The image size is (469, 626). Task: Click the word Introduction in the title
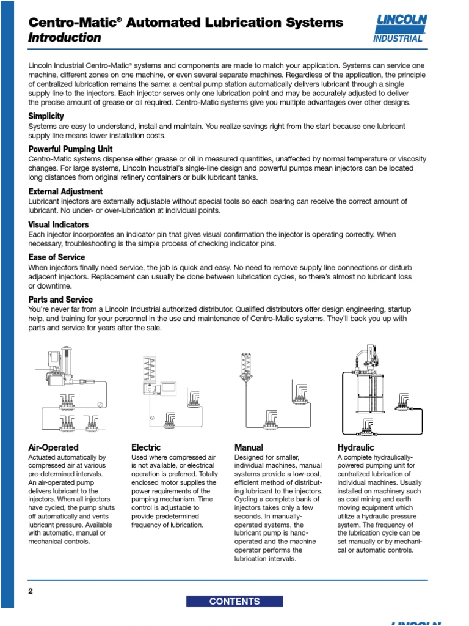coord(65,38)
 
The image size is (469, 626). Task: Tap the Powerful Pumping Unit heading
coord(70,149)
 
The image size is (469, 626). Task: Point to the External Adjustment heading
coord(65,192)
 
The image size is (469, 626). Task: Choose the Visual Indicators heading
coord(59,224)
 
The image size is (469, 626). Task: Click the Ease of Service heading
coord(57,257)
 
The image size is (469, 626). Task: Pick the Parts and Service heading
coord(60,300)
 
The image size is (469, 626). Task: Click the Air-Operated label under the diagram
coord(54,447)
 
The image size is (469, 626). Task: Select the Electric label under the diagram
coord(146,447)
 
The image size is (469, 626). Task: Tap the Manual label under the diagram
coord(249,447)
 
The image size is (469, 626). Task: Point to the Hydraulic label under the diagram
coord(355,447)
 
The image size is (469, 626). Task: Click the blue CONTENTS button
coord(234,602)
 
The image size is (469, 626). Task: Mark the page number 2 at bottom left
coord(31,591)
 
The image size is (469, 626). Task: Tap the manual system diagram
coord(275,391)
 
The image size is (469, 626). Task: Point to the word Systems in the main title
coord(314,23)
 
